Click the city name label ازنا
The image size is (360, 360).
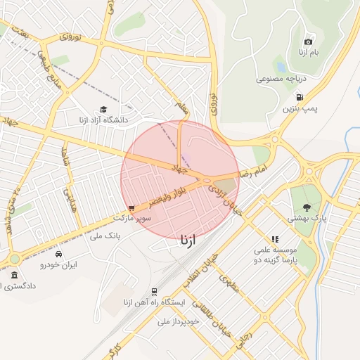[193, 240]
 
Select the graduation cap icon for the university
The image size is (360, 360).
[104, 109]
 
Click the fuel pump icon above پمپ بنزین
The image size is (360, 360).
[300, 97]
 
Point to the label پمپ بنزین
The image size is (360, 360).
[301, 109]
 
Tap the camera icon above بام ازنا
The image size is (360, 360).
[308, 42]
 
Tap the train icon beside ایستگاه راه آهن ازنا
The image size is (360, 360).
[154, 291]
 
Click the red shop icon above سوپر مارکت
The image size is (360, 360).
[132, 208]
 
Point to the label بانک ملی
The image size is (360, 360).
[106, 236]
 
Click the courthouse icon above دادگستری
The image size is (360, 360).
[15, 274]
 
